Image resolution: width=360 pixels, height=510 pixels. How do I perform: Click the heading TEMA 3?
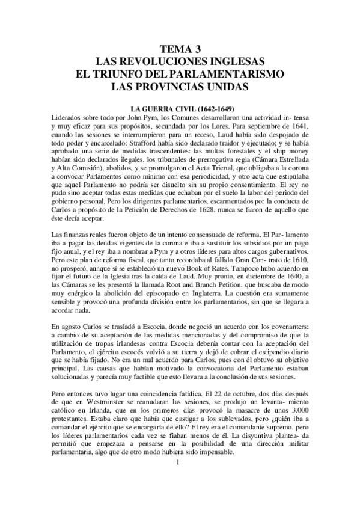point(180,50)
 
